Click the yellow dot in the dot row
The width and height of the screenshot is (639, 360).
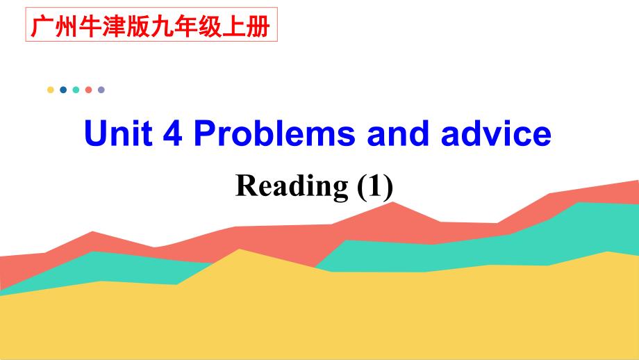point(51,90)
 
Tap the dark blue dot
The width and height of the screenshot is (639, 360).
point(63,90)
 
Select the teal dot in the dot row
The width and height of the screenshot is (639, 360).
point(76,90)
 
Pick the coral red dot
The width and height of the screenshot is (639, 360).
point(88,90)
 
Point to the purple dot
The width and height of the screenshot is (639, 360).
point(101,90)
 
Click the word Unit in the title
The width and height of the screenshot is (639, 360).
point(118,133)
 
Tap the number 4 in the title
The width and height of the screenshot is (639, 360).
point(172,133)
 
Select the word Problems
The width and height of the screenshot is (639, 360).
point(274,133)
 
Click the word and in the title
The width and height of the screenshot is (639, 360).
point(398,133)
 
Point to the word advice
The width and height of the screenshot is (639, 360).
point(497,133)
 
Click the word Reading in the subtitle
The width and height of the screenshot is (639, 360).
point(292,186)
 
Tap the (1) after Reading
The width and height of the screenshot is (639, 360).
point(375,186)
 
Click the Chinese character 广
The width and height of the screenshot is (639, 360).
point(42,27)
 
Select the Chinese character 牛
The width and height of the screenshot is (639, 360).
point(90,27)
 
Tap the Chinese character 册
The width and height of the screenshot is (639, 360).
point(258,27)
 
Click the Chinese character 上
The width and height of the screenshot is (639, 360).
point(234,27)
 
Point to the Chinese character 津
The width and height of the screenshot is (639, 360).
point(114,27)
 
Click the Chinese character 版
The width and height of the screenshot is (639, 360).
point(138,27)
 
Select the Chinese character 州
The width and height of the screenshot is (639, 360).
point(67,27)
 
